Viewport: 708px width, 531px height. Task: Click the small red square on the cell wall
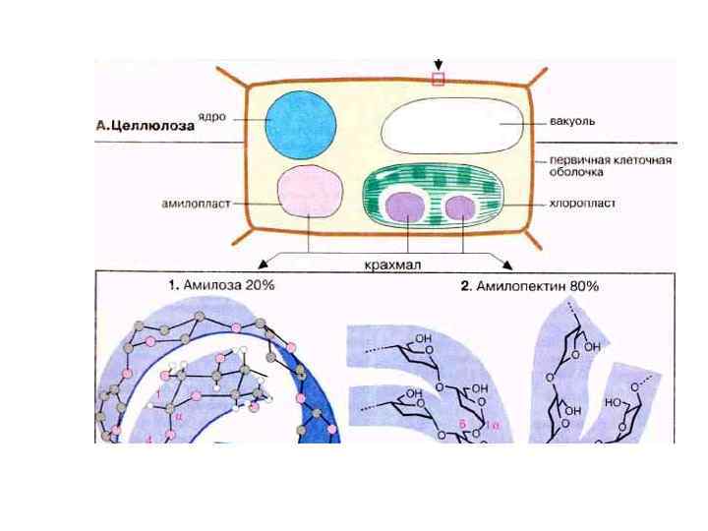click(438, 80)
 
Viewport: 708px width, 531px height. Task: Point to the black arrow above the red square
click(438, 65)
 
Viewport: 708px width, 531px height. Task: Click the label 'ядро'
click(211, 116)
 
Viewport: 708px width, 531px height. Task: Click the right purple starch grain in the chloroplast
click(457, 207)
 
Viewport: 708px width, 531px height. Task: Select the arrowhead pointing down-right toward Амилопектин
click(507, 265)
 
